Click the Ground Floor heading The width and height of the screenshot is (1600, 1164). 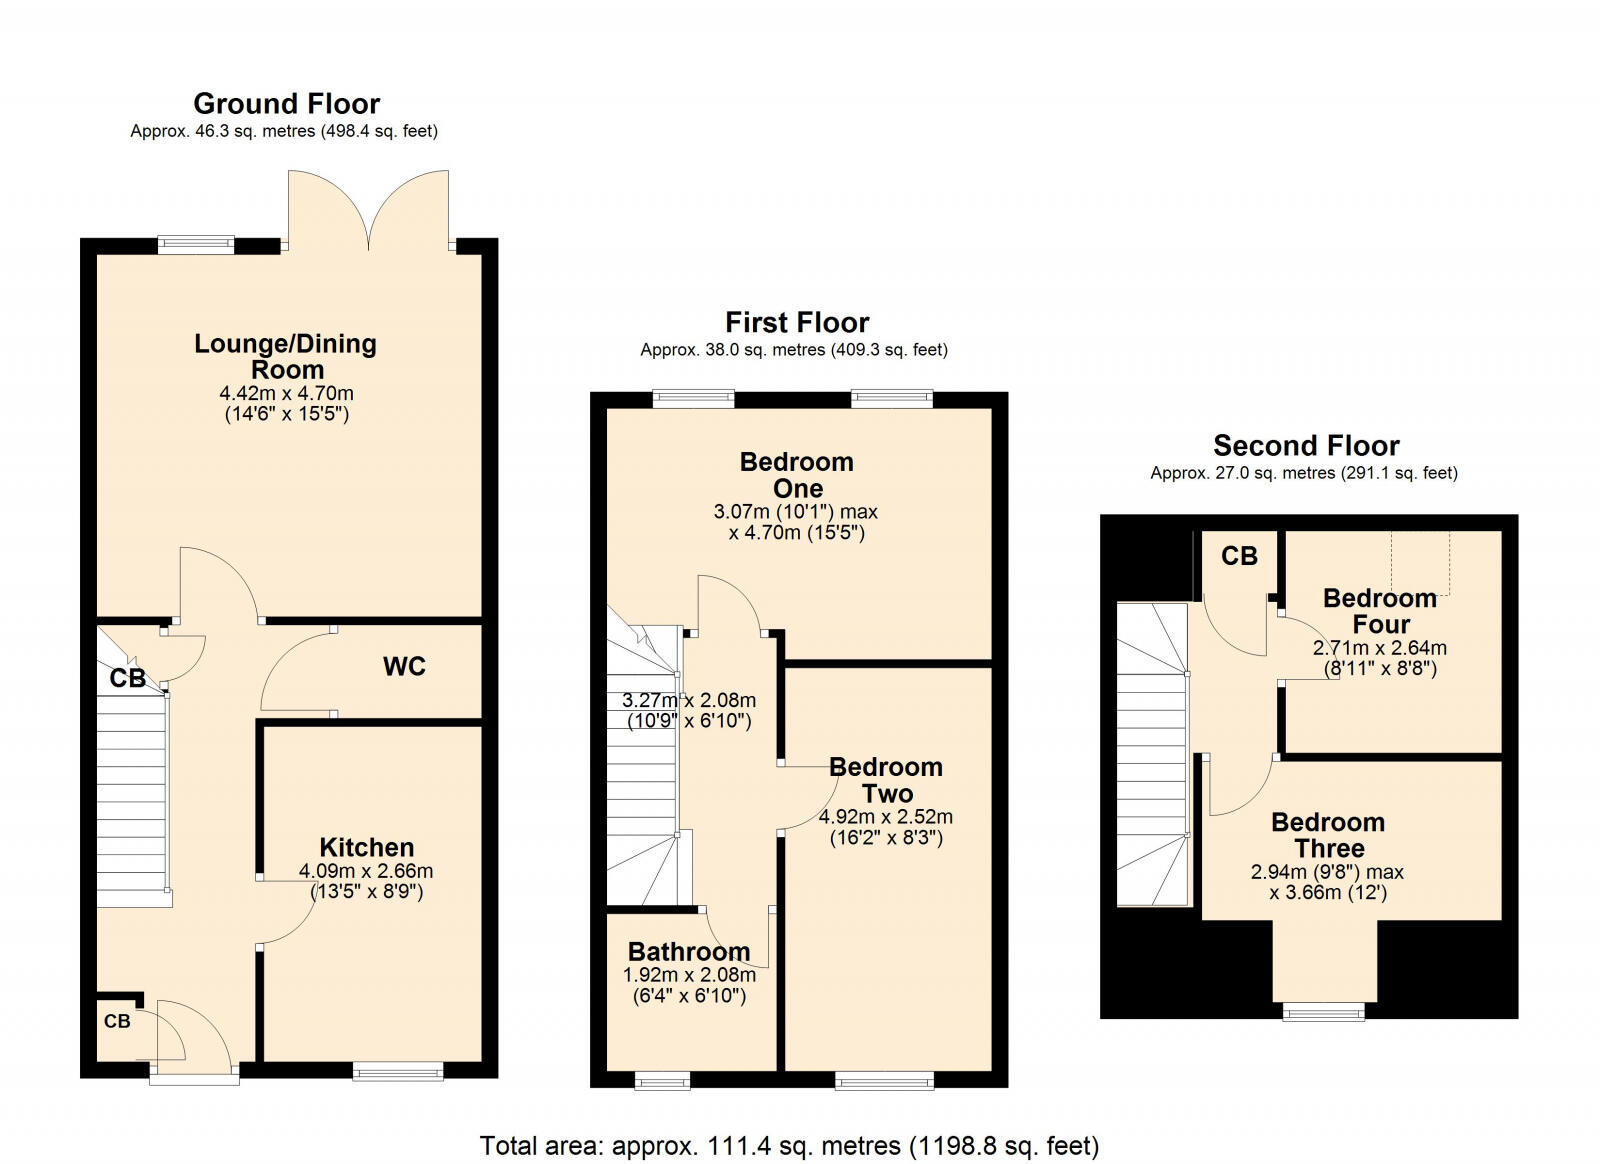[286, 104]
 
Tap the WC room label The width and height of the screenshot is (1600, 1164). [404, 667]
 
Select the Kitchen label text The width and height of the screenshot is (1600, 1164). [366, 847]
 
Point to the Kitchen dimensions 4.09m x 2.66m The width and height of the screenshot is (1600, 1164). [366, 871]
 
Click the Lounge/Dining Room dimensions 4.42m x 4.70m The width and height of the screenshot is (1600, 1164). [287, 393]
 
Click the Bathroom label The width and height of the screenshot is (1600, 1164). [688, 952]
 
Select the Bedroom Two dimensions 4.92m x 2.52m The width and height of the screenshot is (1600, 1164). [886, 817]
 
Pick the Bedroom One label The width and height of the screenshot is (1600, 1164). [797, 475]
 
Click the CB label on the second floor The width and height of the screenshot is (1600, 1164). [1239, 556]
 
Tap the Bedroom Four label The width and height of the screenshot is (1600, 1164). [1380, 611]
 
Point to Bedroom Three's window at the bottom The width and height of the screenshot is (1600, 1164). [1324, 1012]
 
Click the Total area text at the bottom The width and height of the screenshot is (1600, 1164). [789, 1145]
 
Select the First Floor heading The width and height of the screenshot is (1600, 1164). [797, 322]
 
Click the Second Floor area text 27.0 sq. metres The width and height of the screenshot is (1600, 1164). [1304, 473]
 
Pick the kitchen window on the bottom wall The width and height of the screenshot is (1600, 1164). [398, 1072]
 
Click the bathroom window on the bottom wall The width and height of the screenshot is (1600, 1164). [662, 1080]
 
